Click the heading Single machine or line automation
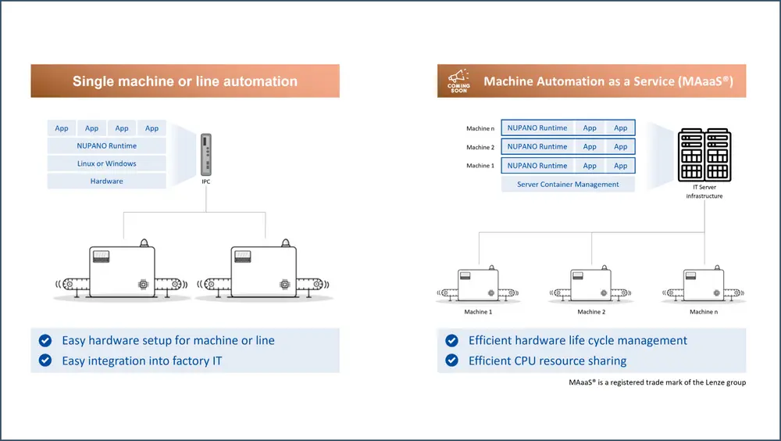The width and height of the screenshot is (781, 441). coord(185,81)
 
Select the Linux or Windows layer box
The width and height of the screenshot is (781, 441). coord(107,163)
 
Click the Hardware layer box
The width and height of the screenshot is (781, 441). coord(107,181)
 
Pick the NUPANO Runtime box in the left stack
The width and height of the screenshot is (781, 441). coord(107,146)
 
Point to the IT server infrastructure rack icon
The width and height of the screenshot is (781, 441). coord(704,156)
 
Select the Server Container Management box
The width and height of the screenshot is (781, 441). coord(568,185)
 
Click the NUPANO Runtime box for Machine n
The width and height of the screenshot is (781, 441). coord(537,128)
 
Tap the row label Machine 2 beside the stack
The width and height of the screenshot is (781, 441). coord(480,147)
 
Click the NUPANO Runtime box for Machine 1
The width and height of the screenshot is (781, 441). coord(537,166)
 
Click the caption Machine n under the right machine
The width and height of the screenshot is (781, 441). coord(701,312)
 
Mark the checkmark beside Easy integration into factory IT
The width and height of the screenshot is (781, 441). coord(45,361)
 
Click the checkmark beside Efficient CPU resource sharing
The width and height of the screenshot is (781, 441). coord(451,360)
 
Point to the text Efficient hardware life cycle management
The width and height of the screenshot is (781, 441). coord(578,341)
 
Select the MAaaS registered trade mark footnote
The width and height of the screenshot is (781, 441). coord(658,383)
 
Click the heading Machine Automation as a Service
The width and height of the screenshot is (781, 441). coord(608,81)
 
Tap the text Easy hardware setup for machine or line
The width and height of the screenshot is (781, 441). coord(168,341)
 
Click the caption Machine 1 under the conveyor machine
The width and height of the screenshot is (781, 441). coord(479,312)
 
